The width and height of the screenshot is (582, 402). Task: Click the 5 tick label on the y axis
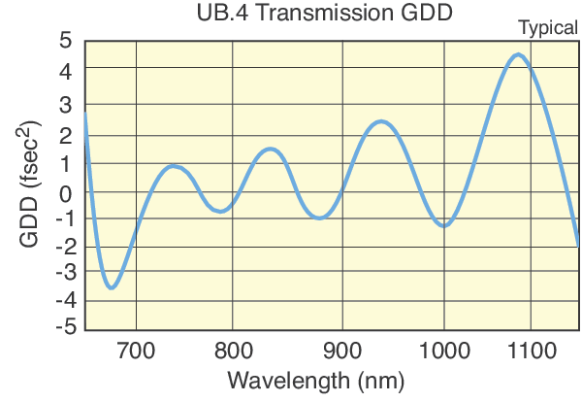pyautogui.click(x=65, y=41)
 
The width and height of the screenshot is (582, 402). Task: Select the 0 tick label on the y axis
pyautogui.click(x=65, y=193)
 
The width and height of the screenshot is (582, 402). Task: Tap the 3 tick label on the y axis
pyautogui.click(x=65, y=104)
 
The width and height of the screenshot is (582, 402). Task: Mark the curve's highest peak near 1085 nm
pyautogui.click(x=518, y=54)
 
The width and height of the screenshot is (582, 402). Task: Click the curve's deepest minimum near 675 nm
pyautogui.click(x=113, y=287)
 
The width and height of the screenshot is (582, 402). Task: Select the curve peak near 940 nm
pyautogui.click(x=380, y=121)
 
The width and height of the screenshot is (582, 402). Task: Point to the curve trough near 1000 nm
pyautogui.click(x=444, y=225)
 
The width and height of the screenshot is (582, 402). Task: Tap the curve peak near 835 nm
pyautogui.click(x=272, y=149)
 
